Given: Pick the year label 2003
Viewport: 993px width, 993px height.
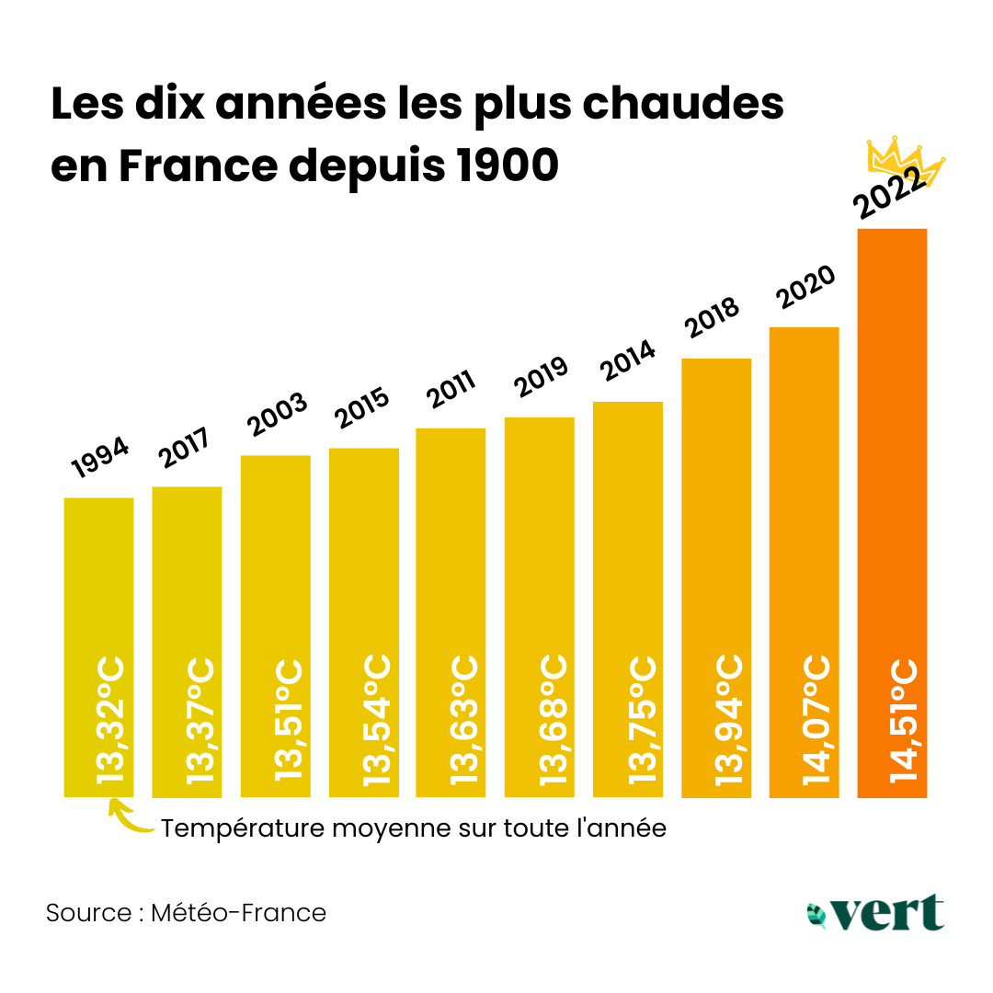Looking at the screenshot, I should coord(278,417).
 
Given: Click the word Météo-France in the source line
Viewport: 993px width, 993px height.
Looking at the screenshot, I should coord(238,913).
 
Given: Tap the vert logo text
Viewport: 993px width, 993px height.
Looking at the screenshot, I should coord(888,912).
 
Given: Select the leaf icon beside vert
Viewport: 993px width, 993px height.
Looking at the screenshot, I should coord(816,914).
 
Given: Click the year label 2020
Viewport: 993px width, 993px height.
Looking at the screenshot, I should coord(805,288).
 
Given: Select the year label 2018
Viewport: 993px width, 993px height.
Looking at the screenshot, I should coord(712,319).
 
